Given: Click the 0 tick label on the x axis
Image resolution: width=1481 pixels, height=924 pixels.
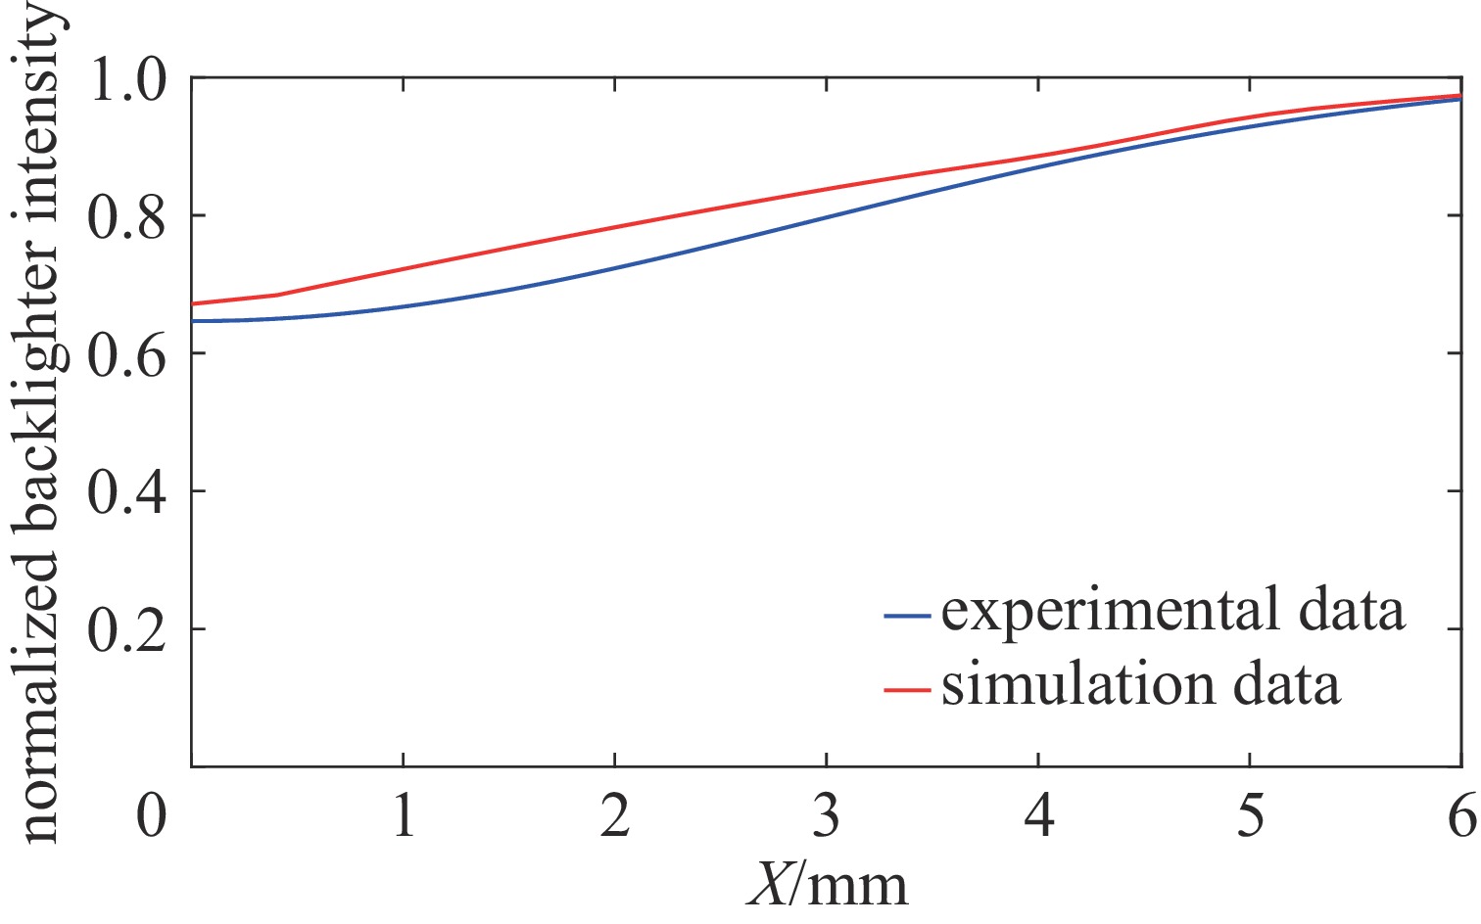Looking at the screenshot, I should [152, 814].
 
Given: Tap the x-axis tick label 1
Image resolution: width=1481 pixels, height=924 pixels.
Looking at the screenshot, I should [404, 814].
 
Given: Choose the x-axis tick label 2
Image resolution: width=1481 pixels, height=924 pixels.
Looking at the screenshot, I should [615, 814].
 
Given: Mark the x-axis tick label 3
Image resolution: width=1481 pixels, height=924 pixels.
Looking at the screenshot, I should [827, 814].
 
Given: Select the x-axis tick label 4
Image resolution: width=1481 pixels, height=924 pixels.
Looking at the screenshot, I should [1038, 814].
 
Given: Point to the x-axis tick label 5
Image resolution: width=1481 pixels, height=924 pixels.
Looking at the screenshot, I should [1250, 814].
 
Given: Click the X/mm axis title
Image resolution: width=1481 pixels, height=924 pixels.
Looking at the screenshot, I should [828, 884].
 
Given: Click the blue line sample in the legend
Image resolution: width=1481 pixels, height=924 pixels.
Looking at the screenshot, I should [906, 616].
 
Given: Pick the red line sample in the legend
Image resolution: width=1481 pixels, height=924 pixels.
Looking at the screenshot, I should [906, 690].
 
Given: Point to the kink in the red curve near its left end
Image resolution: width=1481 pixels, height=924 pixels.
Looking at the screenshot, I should [277, 295].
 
